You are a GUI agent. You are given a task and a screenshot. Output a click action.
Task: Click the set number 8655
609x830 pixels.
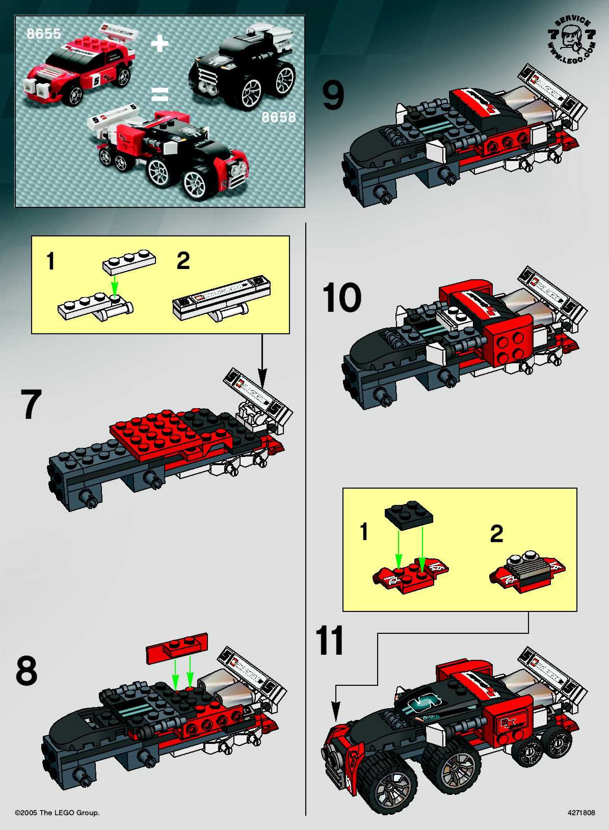coord(44,34)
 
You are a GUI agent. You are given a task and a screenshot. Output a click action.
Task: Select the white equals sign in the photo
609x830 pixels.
coord(160,94)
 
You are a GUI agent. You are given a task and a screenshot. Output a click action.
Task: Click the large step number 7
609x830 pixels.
coord(31,404)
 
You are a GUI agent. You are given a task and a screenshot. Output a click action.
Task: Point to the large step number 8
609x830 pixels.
coord(27,670)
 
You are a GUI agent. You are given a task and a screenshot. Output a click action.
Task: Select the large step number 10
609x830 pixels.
coord(341,298)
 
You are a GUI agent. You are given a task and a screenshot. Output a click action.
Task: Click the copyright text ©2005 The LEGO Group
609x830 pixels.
coord(57,812)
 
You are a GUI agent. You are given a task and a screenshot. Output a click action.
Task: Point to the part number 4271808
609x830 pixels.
coord(581,812)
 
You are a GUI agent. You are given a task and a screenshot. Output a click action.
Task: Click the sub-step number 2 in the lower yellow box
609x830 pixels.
coord(496,534)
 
